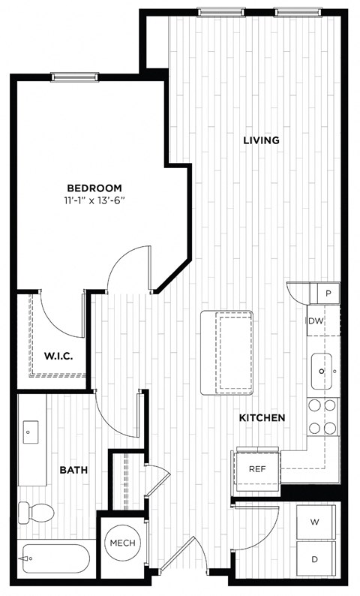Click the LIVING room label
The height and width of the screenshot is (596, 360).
(261, 140)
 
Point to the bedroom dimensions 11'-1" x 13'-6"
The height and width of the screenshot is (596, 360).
(94, 200)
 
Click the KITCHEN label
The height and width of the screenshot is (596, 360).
(262, 418)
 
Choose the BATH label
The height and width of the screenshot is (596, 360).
(73, 471)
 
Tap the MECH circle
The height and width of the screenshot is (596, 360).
(122, 543)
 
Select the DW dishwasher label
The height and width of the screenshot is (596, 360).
(316, 321)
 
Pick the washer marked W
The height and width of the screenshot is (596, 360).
(315, 522)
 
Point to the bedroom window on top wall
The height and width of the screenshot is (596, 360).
(73, 76)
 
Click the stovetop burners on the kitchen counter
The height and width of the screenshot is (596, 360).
(322, 417)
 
